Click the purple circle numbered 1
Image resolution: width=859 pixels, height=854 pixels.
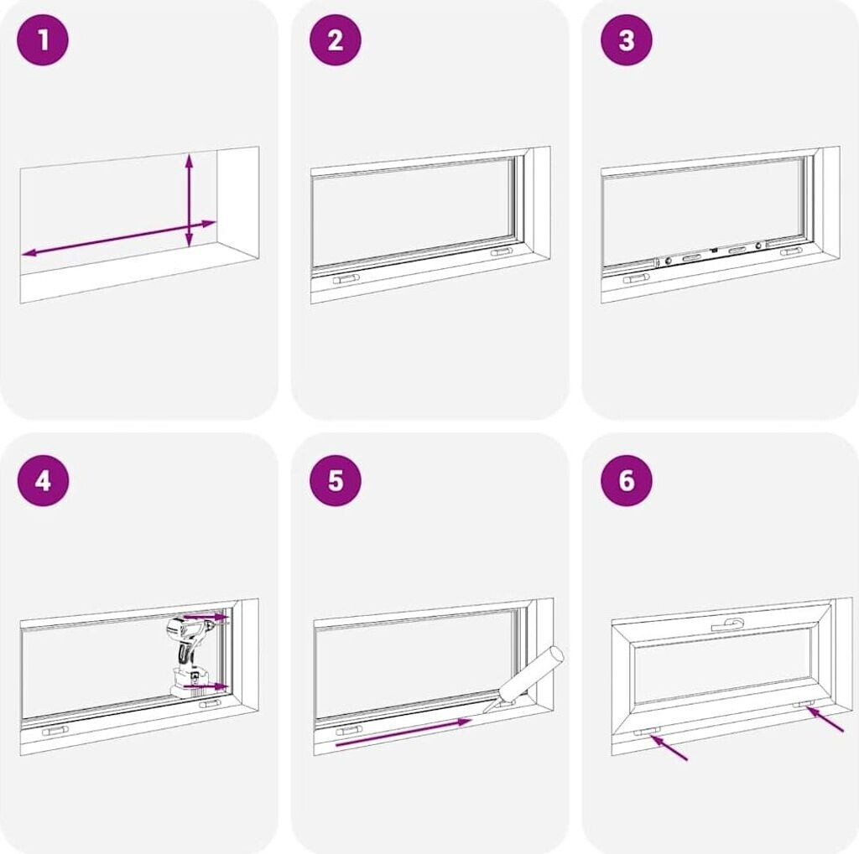pyautogui.click(x=44, y=40)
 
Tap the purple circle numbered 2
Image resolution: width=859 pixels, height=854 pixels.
pyautogui.click(x=336, y=40)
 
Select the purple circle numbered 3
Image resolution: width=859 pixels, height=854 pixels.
pyautogui.click(x=627, y=40)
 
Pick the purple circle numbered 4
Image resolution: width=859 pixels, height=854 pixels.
pyautogui.click(x=44, y=481)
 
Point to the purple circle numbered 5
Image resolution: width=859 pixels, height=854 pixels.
pyautogui.click(x=336, y=481)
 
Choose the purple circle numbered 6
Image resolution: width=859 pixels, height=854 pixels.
pyautogui.click(x=627, y=481)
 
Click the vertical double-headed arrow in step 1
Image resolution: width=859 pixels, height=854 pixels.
pyautogui.click(x=189, y=200)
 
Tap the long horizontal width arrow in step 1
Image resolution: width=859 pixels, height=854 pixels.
pyautogui.click(x=119, y=238)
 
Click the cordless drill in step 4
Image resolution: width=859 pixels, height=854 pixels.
pyautogui.click(x=192, y=657)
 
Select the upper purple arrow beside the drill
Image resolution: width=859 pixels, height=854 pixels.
pyautogui.click(x=206, y=617)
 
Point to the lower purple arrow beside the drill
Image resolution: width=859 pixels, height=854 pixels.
pyautogui.click(x=206, y=686)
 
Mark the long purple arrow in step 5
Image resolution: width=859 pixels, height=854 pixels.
pyautogui.click(x=403, y=732)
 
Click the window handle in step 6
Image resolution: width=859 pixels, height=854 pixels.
pyautogui.click(x=727, y=624)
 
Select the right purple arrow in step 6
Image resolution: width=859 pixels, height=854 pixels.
pyautogui.click(x=825, y=719)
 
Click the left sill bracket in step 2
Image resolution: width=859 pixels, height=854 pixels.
pyautogui.click(x=346, y=280)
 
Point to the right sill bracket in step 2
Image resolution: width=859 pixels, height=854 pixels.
pyautogui.click(x=502, y=251)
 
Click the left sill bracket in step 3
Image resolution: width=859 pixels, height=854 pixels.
pyautogui.click(x=637, y=279)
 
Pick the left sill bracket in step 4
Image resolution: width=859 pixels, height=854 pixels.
pyautogui.click(x=55, y=731)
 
